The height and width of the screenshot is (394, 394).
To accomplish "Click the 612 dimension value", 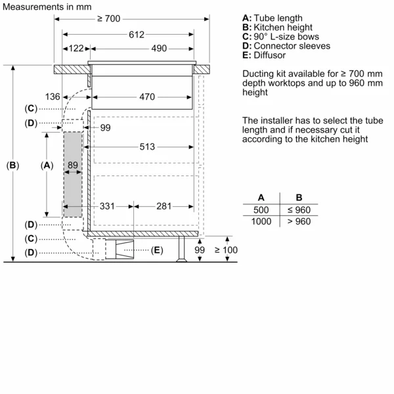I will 136,34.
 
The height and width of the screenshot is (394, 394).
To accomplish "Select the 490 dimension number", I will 159,49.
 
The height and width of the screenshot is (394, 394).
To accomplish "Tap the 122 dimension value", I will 76,49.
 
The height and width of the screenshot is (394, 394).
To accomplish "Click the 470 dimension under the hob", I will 146,97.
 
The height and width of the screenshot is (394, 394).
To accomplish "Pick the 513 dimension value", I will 146,146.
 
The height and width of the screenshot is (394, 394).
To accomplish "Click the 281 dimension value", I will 165,206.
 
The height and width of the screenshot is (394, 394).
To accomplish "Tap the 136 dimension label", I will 53,97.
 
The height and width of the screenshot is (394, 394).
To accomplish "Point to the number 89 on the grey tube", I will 73,165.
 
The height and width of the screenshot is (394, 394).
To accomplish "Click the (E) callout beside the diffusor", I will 156,250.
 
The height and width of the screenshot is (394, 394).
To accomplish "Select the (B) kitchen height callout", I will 12,165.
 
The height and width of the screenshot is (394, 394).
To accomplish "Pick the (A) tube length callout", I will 47,165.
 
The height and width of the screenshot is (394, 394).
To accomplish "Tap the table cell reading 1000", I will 261,221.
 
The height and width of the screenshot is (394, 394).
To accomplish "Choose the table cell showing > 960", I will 299,221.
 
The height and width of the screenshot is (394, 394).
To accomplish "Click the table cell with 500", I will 261,209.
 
